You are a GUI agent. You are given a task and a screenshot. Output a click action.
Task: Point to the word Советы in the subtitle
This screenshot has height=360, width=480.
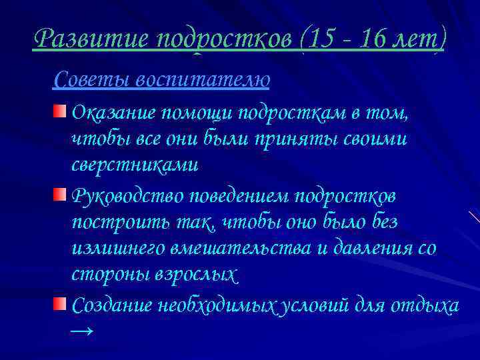click(x=91, y=80)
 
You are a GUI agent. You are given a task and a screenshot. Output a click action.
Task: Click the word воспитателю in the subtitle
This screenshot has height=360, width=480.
click(x=203, y=80)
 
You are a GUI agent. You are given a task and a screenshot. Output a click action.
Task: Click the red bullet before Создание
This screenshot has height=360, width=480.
click(x=60, y=304)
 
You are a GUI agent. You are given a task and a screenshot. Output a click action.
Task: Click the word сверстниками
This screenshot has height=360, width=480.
click(x=135, y=164)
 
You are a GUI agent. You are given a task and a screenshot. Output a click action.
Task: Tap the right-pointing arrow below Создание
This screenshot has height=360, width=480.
click(x=81, y=331)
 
